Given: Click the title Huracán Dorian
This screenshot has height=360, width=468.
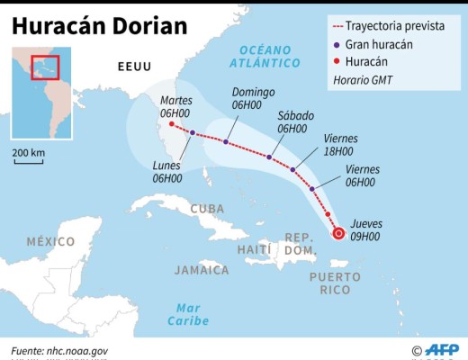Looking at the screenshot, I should (100, 24).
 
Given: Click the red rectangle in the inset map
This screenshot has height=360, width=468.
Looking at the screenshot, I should (44, 68).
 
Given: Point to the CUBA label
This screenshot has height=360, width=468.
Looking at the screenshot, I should (207, 209).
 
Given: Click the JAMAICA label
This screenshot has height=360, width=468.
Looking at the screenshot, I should (202, 269).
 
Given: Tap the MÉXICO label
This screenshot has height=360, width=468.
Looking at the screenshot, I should (50, 241).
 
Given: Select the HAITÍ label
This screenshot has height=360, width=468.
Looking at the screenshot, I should (254, 247).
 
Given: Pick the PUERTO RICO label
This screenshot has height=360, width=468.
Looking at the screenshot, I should (336, 283).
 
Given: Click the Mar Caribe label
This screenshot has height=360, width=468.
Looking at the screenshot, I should (188, 314).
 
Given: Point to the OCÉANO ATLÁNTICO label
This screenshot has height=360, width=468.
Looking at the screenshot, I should (265, 56).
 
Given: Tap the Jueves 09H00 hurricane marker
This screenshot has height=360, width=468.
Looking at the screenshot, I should (337, 234).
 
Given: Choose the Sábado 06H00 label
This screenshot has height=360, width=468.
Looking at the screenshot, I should (292, 121).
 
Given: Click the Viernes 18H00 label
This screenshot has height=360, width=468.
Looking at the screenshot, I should (339, 145).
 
